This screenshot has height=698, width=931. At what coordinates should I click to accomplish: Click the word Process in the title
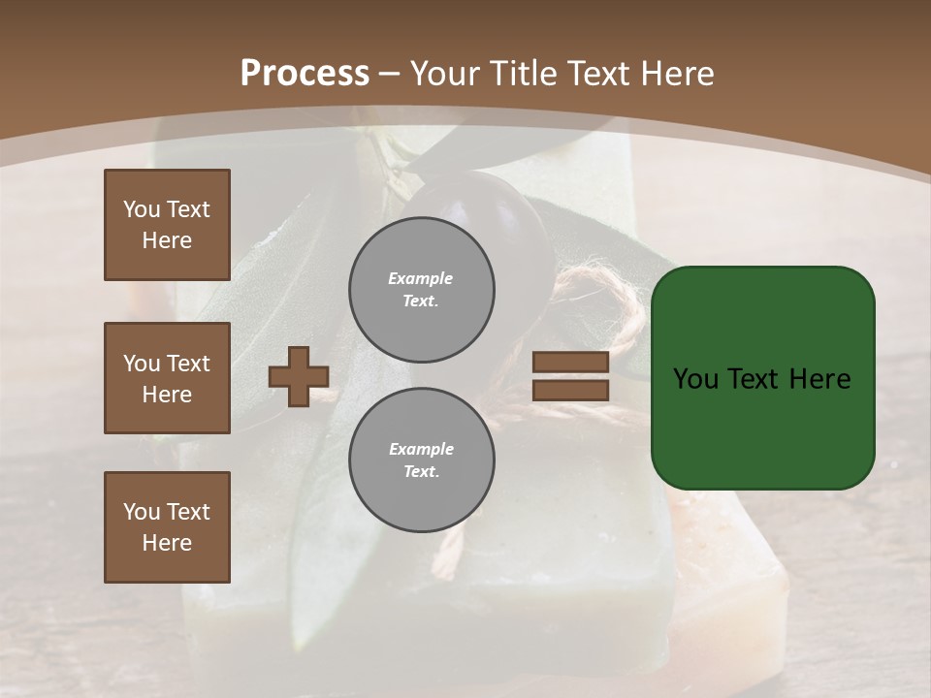[305, 74]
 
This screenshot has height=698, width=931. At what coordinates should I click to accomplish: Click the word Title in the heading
[525, 74]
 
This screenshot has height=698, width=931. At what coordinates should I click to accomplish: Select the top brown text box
[167, 225]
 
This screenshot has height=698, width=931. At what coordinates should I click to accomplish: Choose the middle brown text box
[167, 378]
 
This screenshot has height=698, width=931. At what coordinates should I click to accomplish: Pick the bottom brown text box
[167, 527]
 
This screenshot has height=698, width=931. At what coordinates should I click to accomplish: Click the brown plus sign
[299, 376]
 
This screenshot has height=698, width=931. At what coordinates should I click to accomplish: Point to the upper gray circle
[422, 290]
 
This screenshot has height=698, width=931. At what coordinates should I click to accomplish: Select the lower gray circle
[422, 460]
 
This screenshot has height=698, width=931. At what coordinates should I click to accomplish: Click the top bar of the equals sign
[570, 363]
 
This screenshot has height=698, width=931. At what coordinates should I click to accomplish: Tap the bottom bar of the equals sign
[570, 390]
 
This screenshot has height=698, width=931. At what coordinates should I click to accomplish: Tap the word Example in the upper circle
[420, 278]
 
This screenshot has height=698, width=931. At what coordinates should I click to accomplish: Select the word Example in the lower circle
[421, 449]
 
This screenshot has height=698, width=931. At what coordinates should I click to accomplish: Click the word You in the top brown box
[141, 209]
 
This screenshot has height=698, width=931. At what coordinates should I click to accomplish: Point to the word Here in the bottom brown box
[167, 543]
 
